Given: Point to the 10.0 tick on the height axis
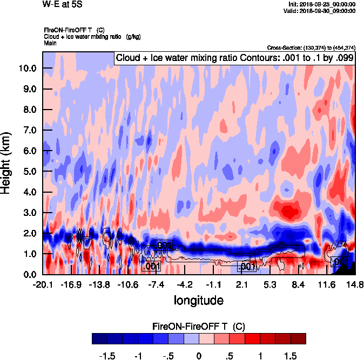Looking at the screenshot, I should tap(26, 69).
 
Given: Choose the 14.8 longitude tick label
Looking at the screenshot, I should tap(355, 285).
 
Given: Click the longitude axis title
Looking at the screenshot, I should tap(198, 300).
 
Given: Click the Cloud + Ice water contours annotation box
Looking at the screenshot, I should tap(234, 58).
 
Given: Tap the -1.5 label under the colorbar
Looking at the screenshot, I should tap(109, 357).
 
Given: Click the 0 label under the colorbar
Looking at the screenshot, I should tap(199, 357).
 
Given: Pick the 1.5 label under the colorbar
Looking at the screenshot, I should tap(291, 357).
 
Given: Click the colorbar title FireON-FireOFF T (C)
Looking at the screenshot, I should tap(199, 327).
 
